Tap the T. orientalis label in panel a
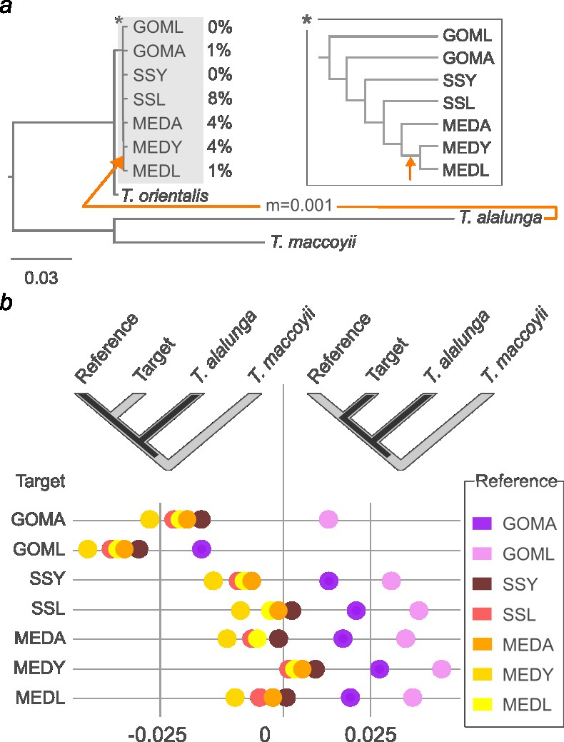165,195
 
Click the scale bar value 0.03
41,277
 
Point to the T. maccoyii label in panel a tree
313,243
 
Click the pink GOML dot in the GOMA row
328,520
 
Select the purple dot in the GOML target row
201,549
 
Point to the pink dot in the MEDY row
441,668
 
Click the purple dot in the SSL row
356,610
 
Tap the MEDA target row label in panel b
39,639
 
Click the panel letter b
6,303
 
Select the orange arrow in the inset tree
409,169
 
